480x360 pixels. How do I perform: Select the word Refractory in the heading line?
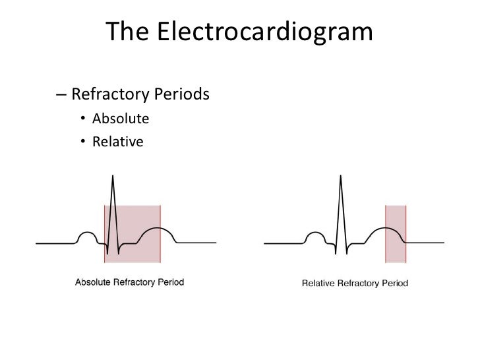point(111,95)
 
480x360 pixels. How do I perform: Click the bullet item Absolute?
point(121,119)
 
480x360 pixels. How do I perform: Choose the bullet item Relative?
point(118,140)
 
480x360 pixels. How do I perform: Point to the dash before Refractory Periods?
point(61,95)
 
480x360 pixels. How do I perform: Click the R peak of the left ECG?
point(112,176)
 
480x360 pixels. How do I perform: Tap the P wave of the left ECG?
point(87,235)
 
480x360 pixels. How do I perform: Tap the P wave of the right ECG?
point(315,235)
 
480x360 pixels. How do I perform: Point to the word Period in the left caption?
point(170,282)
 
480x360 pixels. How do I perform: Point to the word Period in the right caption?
point(394,284)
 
